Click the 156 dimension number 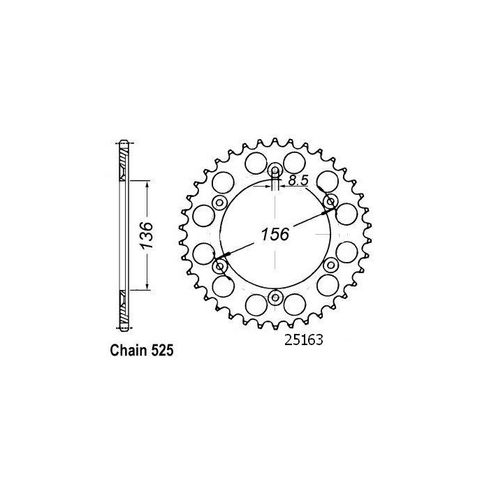tap(275, 235)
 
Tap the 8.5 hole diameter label tap(298, 181)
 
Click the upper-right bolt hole tap(330, 203)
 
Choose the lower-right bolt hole tap(330, 266)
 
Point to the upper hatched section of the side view tap(124, 164)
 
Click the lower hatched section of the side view tap(124, 305)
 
